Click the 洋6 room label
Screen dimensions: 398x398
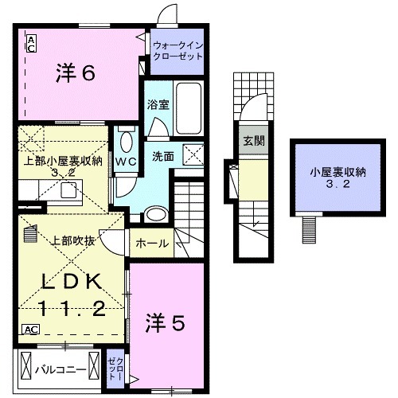76,73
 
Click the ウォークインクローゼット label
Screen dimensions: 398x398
178,51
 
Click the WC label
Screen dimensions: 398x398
126,162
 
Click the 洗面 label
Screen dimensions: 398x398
163,156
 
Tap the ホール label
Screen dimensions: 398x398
152,243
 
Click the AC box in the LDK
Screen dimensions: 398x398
30,329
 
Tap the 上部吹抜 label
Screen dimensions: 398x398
74,241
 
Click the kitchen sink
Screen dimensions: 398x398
67,189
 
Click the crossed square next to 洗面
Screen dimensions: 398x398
195,155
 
